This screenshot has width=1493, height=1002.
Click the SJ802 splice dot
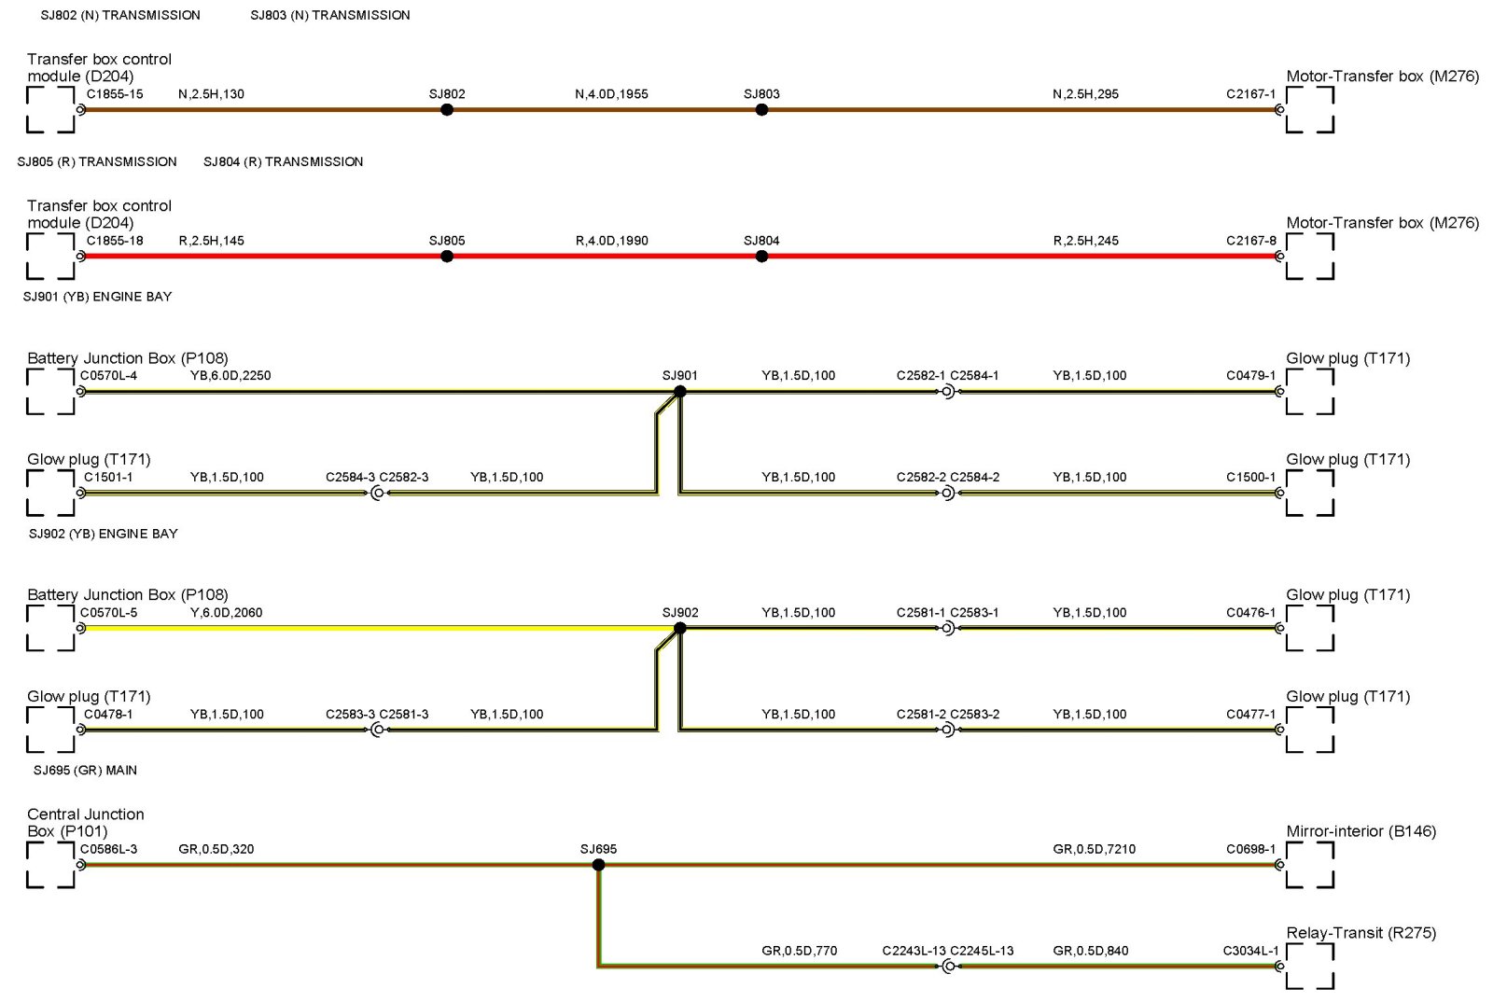[x=447, y=110]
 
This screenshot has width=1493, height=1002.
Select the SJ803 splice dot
[x=761, y=110]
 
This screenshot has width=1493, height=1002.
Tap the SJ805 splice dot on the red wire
[x=447, y=257]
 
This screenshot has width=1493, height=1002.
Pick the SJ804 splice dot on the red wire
[x=761, y=257]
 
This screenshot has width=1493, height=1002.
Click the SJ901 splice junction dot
[x=680, y=392]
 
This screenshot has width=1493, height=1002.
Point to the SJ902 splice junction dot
[x=680, y=629]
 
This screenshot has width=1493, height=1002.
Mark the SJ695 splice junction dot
[x=598, y=866]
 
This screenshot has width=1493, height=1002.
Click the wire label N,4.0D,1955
[x=611, y=94]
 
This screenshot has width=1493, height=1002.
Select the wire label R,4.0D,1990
[x=611, y=241]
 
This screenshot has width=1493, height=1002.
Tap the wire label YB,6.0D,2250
[x=230, y=376]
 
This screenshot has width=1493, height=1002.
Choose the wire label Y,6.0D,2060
[x=226, y=613]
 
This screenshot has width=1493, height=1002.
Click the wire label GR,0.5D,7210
[x=1094, y=850]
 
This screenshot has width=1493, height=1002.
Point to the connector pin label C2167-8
[x=1250, y=241]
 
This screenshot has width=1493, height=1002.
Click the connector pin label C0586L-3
[x=108, y=850]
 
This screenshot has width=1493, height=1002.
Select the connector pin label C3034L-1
[x=1250, y=952]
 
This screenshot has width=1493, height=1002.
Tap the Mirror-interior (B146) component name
[x=1360, y=831]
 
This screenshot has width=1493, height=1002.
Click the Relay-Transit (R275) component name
[x=1360, y=933]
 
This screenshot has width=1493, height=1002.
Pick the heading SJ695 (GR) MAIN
[x=85, y=771]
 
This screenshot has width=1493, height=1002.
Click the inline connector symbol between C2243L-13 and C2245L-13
[x=948, y=967]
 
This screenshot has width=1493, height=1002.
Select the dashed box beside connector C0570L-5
[x=50, y=629]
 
